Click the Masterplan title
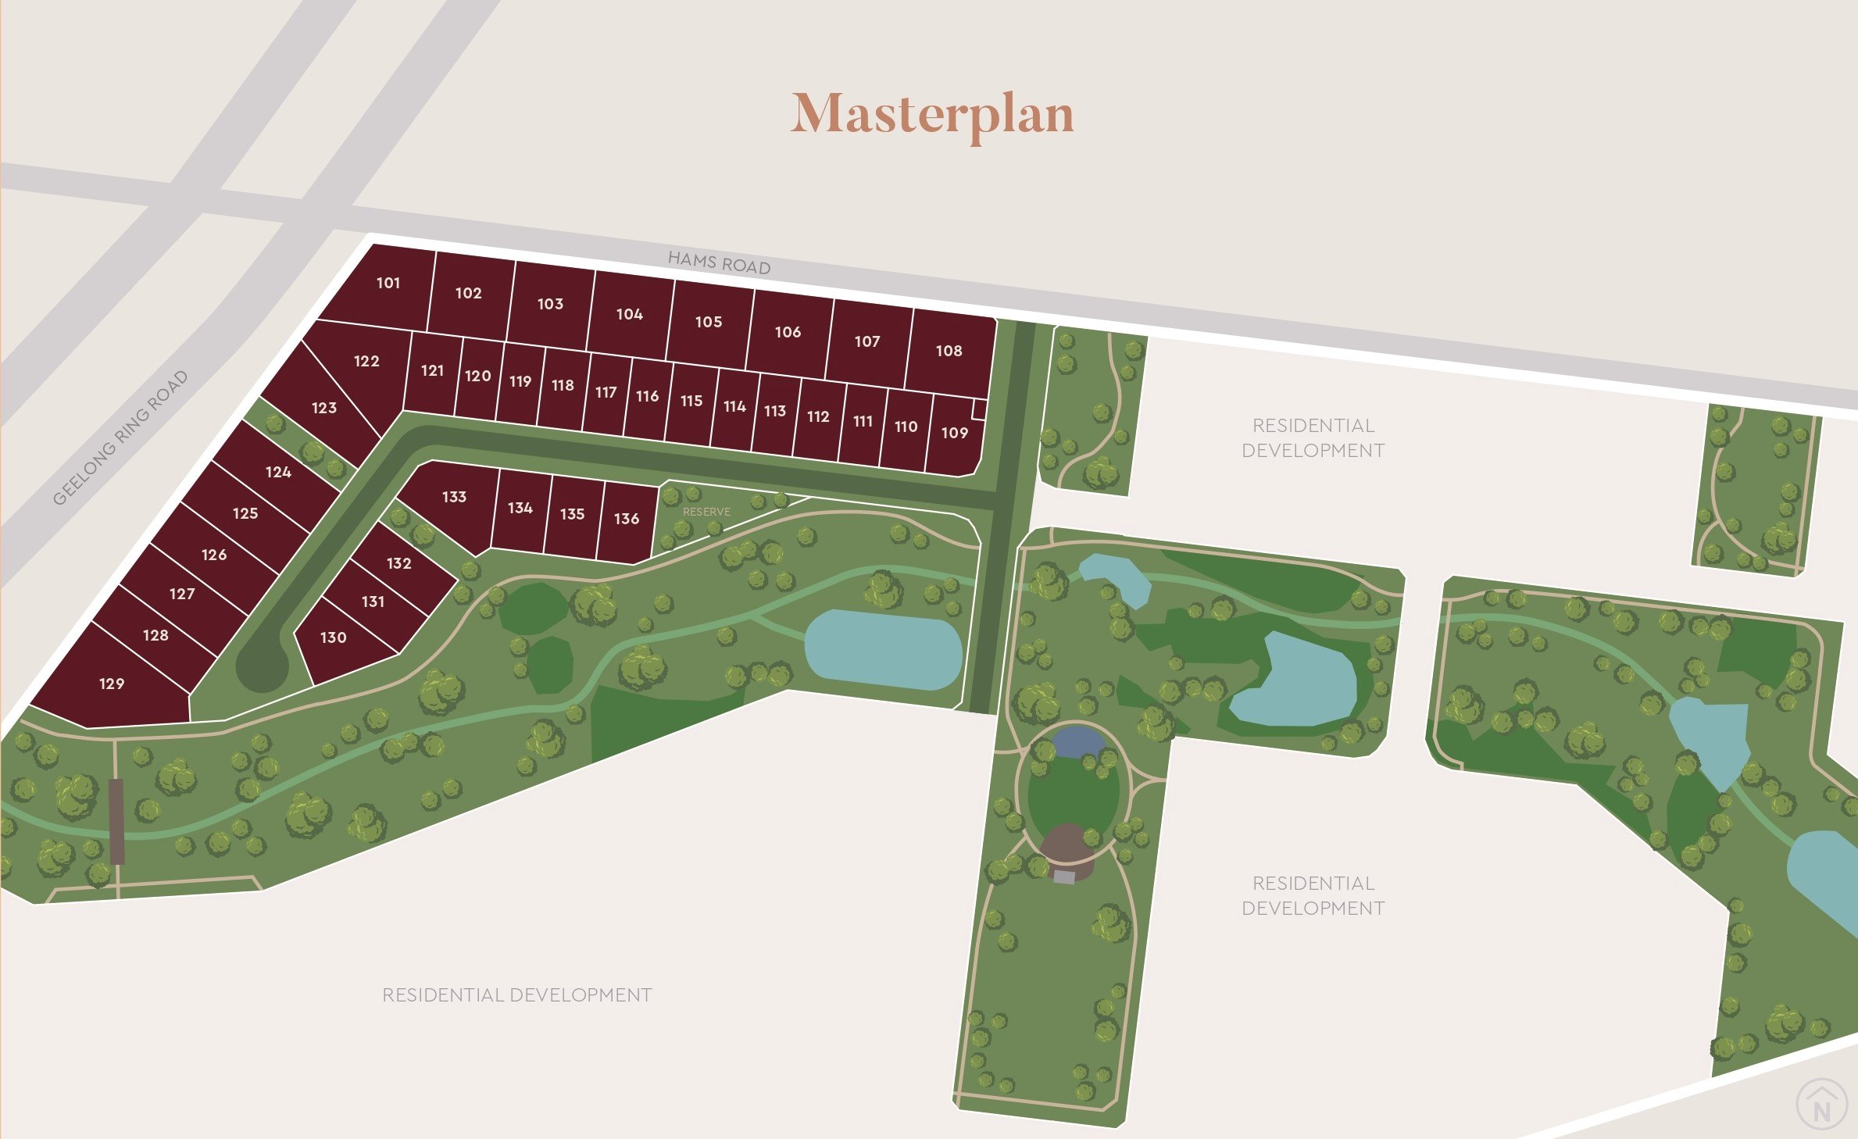(x=932, y=114)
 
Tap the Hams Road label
(x=719, y=262)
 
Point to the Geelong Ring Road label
(x=120, y=437)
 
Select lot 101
(x=388, y=283)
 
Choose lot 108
(x=949, y=351)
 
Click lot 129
(x=112, y=684)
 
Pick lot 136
(x=627, y=519)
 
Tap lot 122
(x=366, y=361)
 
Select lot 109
(x=954, y=433)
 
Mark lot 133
(x=454, y=497)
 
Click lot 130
(x=334, y=637)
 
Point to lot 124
(x=278, y=472)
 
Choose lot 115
(x=691, y=401)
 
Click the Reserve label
(x=706, y=512)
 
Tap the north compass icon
(x=1822, y=1105)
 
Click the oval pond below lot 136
(x=883, y=650)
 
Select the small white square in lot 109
(x=978, y=409)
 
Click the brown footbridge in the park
(x=116, y=820)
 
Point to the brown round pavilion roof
(x=1067, y=844)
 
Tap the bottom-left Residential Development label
(x=516, y=994)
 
